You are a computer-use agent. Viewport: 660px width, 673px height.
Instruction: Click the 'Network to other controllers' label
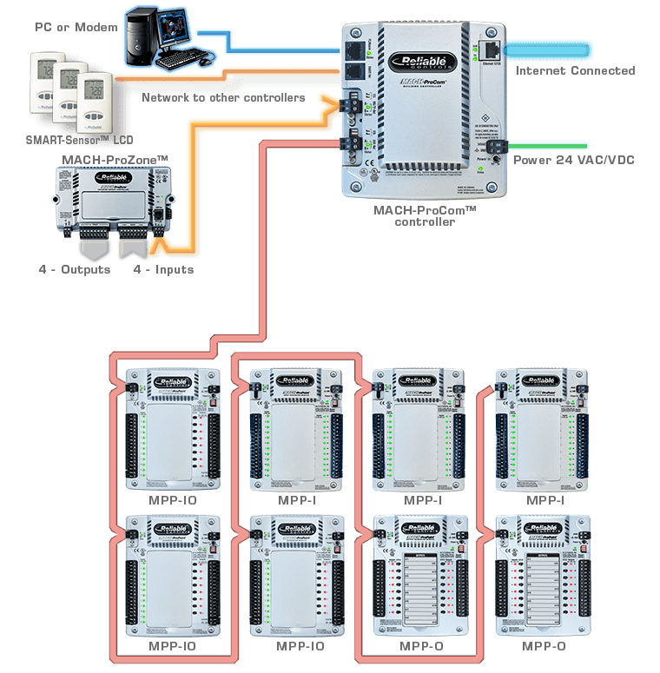click(x=222, y=98)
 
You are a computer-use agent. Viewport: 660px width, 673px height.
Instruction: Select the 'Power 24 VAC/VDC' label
click(x=574, y=160)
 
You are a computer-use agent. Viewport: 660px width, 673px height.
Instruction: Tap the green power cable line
click(x=547, y=146)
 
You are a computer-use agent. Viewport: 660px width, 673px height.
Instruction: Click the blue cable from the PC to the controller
click(x=278, y=44)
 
